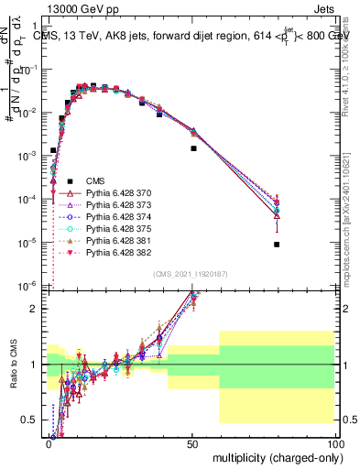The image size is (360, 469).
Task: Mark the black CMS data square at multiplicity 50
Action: click(x=193, y=147)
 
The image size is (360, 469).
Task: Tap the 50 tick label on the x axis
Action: click(x=191, y=442)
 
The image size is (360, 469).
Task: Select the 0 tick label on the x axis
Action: click(x=49, y=442)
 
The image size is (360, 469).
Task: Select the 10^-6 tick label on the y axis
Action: click(x=31, y=286)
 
